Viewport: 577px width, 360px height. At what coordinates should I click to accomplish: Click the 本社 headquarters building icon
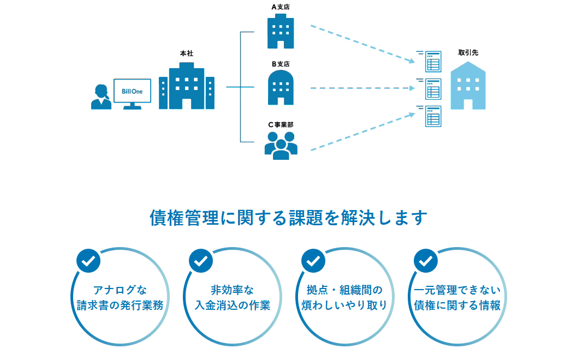pos(186,86)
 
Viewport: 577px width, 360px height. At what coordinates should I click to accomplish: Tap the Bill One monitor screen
pos(132,91)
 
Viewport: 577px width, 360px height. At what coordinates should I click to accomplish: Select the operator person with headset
pos(101,97)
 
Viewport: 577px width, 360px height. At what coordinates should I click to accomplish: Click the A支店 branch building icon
pos(281,32)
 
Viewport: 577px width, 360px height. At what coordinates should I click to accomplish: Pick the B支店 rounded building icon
pos(281,88)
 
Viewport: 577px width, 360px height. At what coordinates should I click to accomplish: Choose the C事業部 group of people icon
pos(281,145)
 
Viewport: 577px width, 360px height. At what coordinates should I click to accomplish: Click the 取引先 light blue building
pos(468,86)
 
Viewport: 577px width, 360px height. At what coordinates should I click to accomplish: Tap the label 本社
pos(186,53)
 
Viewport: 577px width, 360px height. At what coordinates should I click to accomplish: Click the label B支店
pos(281,64)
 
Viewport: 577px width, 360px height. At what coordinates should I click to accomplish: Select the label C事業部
pos(281,124)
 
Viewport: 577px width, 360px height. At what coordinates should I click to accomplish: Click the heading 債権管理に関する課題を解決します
pos(288,218)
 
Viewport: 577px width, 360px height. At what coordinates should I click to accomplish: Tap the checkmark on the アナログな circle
pos(88,261)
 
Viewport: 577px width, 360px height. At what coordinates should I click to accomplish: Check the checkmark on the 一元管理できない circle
pos(425,261)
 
